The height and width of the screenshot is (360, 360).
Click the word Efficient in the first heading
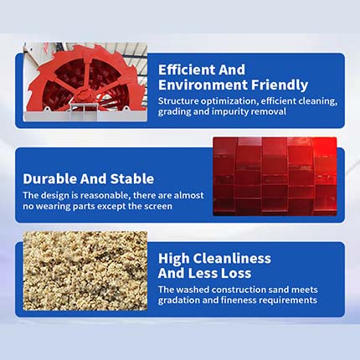click(x=187, y=69)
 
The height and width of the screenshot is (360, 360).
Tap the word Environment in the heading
click(x=203, y=85)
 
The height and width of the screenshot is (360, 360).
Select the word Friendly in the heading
click(x=280, y=85)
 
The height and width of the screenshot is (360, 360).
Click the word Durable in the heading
click(x=50, y=178)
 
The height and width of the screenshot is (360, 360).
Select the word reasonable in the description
click(x=105, y=195)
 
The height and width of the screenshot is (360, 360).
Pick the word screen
click(x=158, y=207)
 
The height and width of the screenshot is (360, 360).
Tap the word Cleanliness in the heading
click(x=232, y=258)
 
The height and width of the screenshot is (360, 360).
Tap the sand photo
click(x=85, y=270)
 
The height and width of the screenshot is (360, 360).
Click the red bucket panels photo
click(x=275, y=177)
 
